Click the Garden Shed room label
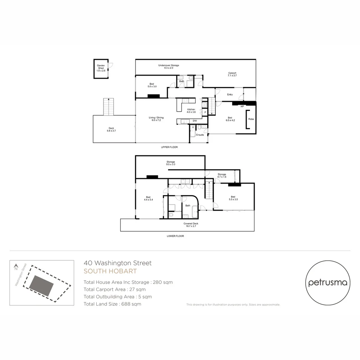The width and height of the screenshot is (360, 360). tap(101, 68)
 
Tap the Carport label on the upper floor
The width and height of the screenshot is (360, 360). tap(232, 74)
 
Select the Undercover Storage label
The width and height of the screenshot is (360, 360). tap(168, 67)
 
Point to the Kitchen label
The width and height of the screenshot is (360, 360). tap(191, 111)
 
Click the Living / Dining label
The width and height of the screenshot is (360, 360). tap(156, 119)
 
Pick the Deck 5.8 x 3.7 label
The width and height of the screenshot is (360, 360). tap(111, 129)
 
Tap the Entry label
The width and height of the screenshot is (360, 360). tap(230, 95)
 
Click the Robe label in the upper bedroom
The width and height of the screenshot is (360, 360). tap(251, 119)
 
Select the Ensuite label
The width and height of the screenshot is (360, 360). tap(200, 135)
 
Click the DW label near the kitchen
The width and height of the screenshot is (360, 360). tap(195, 121)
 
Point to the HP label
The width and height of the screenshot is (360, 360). tap(242, 107)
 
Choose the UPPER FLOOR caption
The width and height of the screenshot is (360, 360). tap(169, 147)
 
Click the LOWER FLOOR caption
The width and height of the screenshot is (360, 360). tap(175, 236)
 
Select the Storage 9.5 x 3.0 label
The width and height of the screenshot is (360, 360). tap(171, 163)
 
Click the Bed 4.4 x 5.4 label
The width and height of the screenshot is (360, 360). tap(148, 198)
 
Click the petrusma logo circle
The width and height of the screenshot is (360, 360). tap(328, 283)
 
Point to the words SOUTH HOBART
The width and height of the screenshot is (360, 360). tap(110, 271)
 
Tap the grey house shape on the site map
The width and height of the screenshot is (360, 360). tap(41, 286)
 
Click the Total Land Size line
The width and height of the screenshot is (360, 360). tap(112, 304)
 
